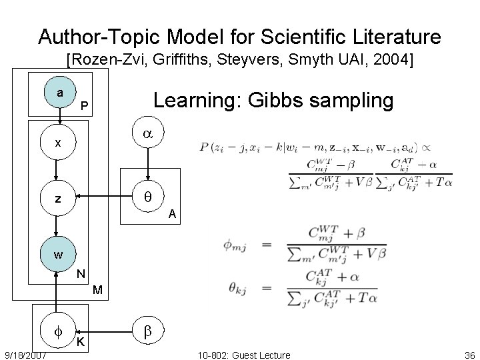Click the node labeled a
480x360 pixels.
(x=60, y=94)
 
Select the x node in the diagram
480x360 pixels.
(x=59, y=142)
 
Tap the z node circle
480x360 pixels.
(x=59, y=198)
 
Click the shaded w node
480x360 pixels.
(x=59, y=254)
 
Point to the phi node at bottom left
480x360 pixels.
(x=59, y=331)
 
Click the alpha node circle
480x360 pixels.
(x=147, y=134)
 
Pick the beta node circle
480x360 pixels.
(x=147, y=331)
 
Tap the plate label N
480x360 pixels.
(x=80, y=274)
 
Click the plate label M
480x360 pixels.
(x=97, y=290)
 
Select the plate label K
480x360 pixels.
(x=80, y=343)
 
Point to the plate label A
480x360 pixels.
(x=172, y=214)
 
